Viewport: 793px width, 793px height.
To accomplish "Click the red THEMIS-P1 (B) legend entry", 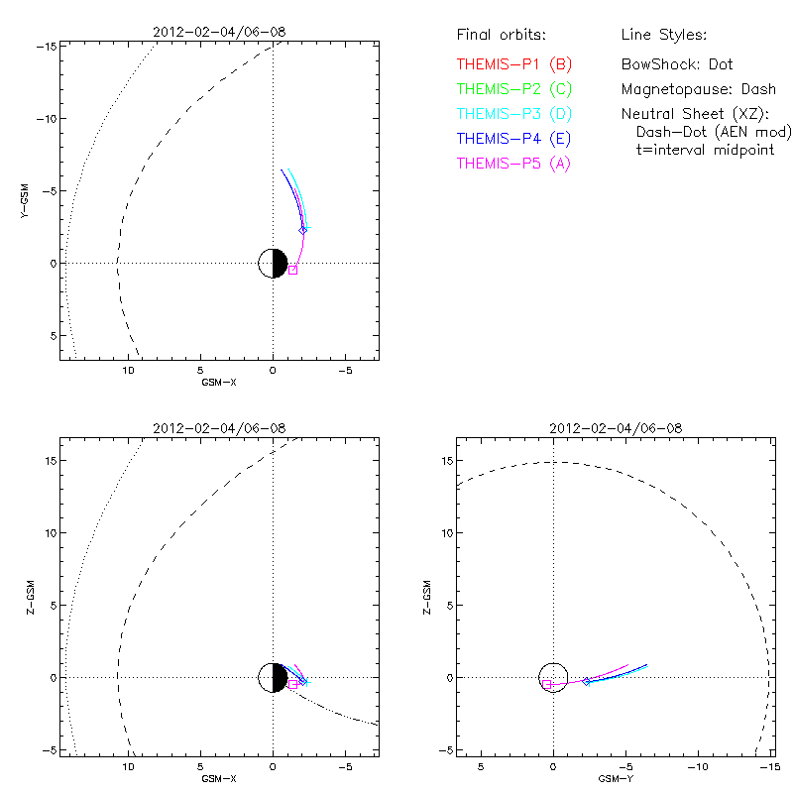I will (x=513, y=64).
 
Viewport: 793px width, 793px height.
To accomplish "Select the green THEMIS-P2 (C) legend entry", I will (x=513, y=89).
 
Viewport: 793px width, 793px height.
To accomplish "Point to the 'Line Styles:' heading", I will (x=663, y=36).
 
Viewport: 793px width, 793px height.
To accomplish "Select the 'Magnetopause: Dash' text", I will (x=699, y=89).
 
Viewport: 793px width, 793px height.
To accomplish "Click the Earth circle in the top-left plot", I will (x=273, y=264).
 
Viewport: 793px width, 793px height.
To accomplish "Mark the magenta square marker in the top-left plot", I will (x=292, y=270).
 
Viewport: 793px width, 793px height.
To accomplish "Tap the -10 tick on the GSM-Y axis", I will (x=698, y=767).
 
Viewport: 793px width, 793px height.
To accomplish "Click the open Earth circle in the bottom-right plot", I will (x=553, y=677).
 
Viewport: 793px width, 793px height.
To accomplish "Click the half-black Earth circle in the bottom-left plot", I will (x=273, y=678).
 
